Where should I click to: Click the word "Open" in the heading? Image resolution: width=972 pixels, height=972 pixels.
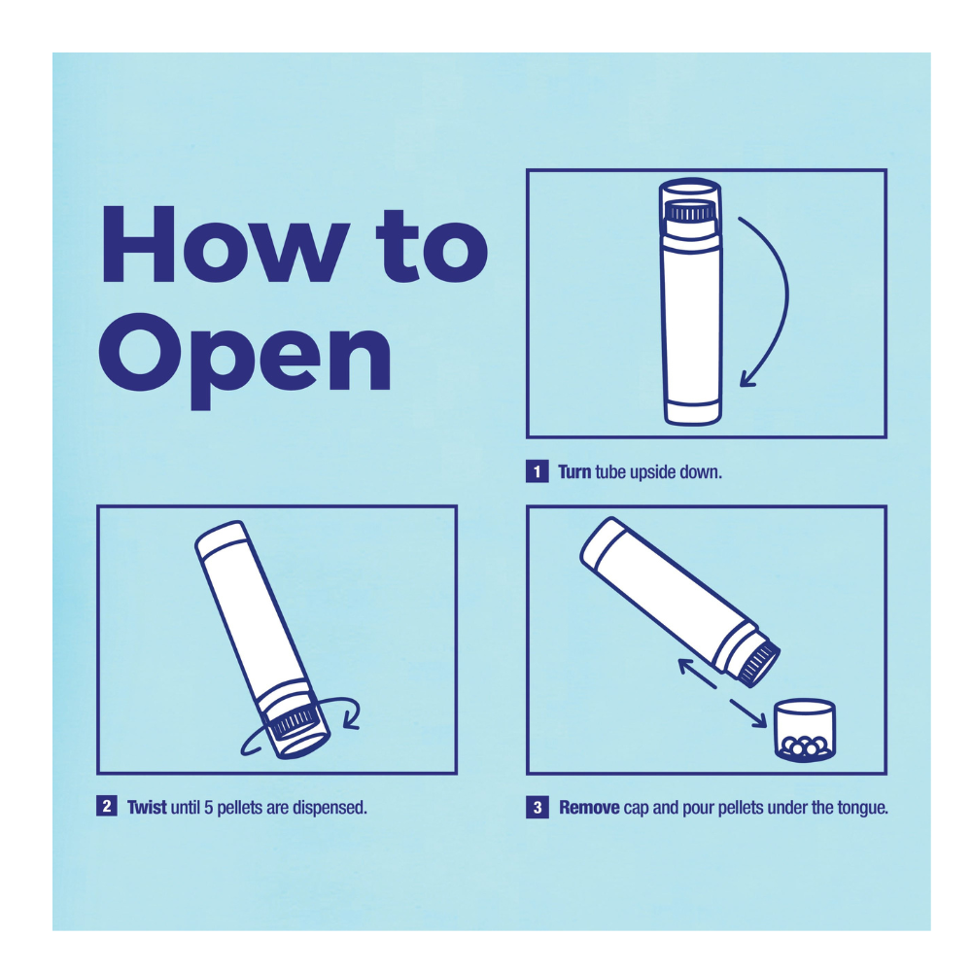click(246, 360)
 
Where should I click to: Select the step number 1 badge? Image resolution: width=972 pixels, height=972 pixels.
click(537, 471)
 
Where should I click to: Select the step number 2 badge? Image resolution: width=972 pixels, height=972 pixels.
click(107, 807)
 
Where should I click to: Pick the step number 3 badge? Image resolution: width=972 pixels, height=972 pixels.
click(537, 807)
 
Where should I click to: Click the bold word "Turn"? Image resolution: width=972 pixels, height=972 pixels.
click(574, 471)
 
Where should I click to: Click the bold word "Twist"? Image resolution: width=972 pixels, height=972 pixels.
click(147, 807)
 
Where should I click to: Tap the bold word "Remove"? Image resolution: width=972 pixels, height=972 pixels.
click(589, 807)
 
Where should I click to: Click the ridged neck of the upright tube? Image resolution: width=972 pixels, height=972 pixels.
click(689, 213)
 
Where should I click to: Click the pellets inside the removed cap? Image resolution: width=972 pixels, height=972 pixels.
click(805, 746)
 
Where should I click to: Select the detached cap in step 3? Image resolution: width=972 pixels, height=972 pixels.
click(805, 730)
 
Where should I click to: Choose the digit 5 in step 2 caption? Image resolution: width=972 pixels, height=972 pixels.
click(208, 807)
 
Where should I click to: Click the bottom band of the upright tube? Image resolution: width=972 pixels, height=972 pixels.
click(692, 413)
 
